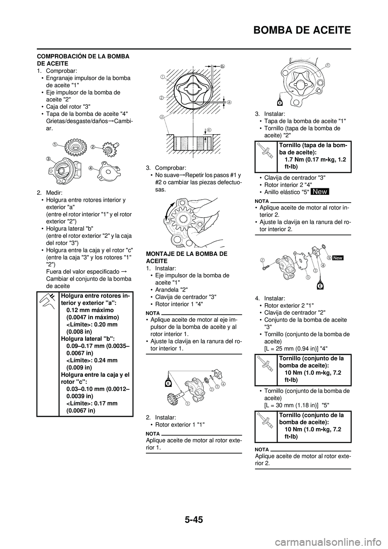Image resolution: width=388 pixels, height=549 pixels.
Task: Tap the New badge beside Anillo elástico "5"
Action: (320, 192)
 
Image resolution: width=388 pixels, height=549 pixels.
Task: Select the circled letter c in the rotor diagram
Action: (209, 129)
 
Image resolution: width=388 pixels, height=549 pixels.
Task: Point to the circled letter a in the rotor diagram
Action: (228, 103)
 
